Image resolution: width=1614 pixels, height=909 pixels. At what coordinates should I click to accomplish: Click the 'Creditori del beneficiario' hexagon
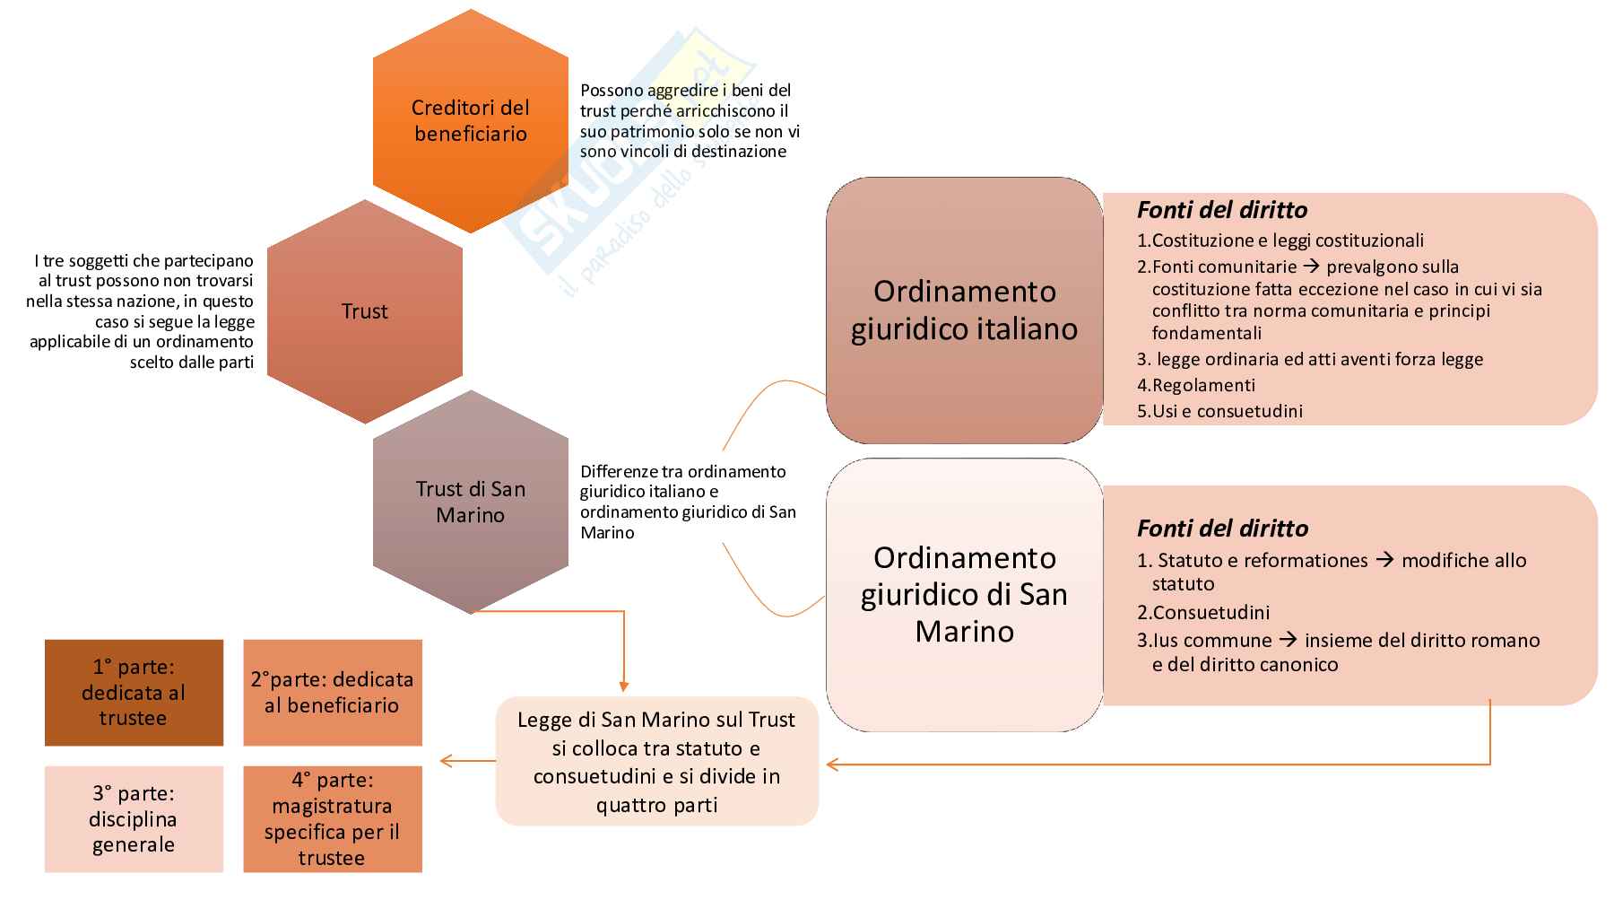tap(470, 121)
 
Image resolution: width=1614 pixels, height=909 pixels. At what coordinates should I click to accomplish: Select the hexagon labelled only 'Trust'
tap(365, 311)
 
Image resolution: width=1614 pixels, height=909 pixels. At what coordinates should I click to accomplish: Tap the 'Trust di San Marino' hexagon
tap(470, 502)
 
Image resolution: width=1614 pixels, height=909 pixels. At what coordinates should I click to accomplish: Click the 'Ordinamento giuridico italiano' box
tap(964, 310)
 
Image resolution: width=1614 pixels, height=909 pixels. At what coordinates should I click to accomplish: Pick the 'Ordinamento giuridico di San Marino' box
tap(964, 594)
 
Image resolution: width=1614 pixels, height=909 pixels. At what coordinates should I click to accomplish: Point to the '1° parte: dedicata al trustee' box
tap(134, 692)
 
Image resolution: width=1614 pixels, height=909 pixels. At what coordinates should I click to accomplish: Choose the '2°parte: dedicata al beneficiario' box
tap(332, 692)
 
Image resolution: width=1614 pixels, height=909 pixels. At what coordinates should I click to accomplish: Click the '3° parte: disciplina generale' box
tap(134, 818)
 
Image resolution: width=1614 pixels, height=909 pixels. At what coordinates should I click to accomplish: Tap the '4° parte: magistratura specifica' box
tap(332, 818)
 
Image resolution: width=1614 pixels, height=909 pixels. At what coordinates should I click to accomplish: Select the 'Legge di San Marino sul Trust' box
tap(656, 761)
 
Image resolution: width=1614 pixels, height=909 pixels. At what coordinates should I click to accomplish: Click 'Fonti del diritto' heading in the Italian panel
tap(1221, 210)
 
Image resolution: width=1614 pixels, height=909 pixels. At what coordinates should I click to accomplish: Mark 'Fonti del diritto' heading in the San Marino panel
tap(1221, 529)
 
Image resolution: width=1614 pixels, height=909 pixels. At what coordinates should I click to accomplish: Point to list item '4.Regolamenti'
tap(1196, 385)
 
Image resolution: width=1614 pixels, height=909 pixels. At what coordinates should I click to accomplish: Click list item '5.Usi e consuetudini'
tap(1219, 411)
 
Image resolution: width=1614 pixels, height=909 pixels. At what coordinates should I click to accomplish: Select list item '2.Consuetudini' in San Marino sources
tap(1203, 613)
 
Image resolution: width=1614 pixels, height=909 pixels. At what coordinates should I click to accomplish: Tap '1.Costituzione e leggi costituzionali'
tap(1280, 240)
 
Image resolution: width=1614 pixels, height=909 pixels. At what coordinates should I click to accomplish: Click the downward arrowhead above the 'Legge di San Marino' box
tap(623, 686)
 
